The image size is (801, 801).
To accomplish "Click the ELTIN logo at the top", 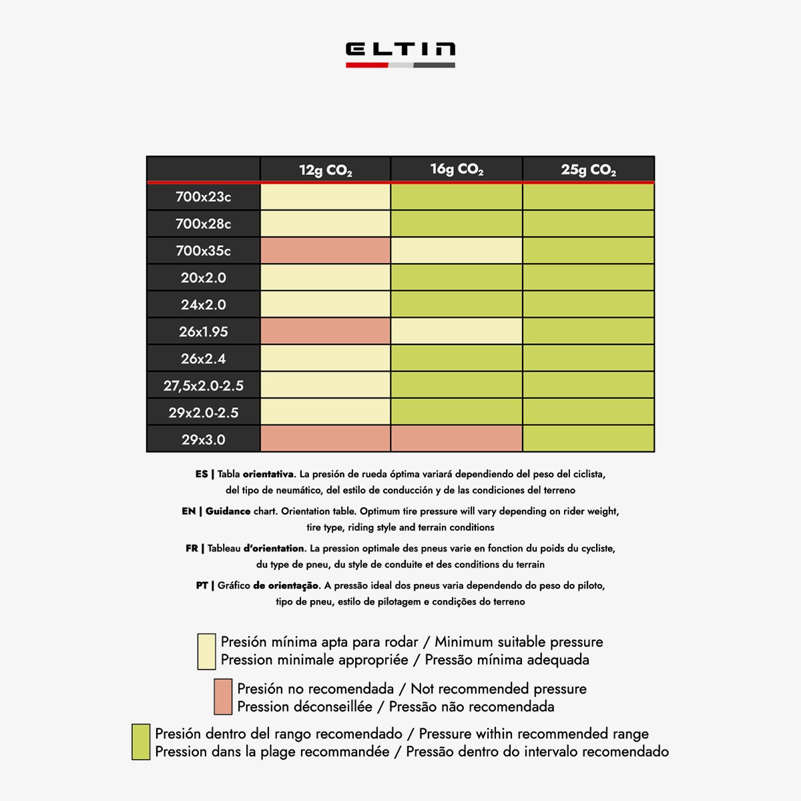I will (400, 53).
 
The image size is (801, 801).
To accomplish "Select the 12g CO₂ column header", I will (325, 170).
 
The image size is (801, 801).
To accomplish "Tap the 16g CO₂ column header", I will (457, 170).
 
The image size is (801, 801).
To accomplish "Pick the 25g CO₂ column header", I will (588, 170).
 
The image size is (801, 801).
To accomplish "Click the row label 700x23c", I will (204, 197).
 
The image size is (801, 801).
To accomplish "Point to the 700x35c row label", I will (204, 251).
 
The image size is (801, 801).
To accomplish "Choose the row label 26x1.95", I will (204, 332).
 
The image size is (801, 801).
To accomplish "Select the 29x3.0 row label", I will (204, 439).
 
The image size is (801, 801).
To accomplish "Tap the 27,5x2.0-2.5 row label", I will (204, 386).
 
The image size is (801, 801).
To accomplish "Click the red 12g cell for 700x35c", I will (325, 251).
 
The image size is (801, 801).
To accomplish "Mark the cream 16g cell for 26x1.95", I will (457, 332).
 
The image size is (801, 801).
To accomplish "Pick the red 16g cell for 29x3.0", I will (457, 439).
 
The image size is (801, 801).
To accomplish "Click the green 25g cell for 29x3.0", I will (588, 439).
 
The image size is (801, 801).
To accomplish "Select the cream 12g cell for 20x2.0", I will (325, 278).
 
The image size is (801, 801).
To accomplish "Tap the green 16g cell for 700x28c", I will (457, 224).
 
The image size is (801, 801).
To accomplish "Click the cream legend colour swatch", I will (207, 651).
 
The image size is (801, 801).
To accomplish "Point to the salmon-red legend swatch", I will (223, 698).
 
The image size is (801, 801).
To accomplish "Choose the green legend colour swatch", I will (141, 742).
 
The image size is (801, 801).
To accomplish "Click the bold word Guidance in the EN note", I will (228, 511).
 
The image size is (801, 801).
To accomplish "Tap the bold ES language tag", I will (202, 474).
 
